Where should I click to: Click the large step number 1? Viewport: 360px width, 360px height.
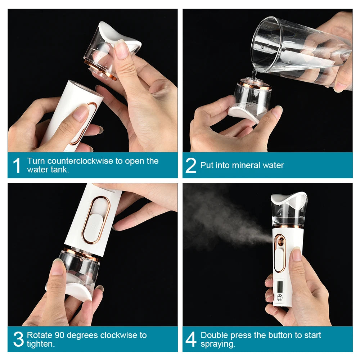tap(17, 165)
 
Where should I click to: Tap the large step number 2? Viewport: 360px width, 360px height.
tap(191, 165)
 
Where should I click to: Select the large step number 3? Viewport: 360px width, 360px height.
tap(18, 339)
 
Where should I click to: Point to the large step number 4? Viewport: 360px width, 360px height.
tap(191, 339)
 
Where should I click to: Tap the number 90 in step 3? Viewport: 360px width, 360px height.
tap(59, 335)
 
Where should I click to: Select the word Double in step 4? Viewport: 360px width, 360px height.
tap(214, 335)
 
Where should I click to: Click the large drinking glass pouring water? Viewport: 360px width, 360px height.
tap(299, 50)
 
